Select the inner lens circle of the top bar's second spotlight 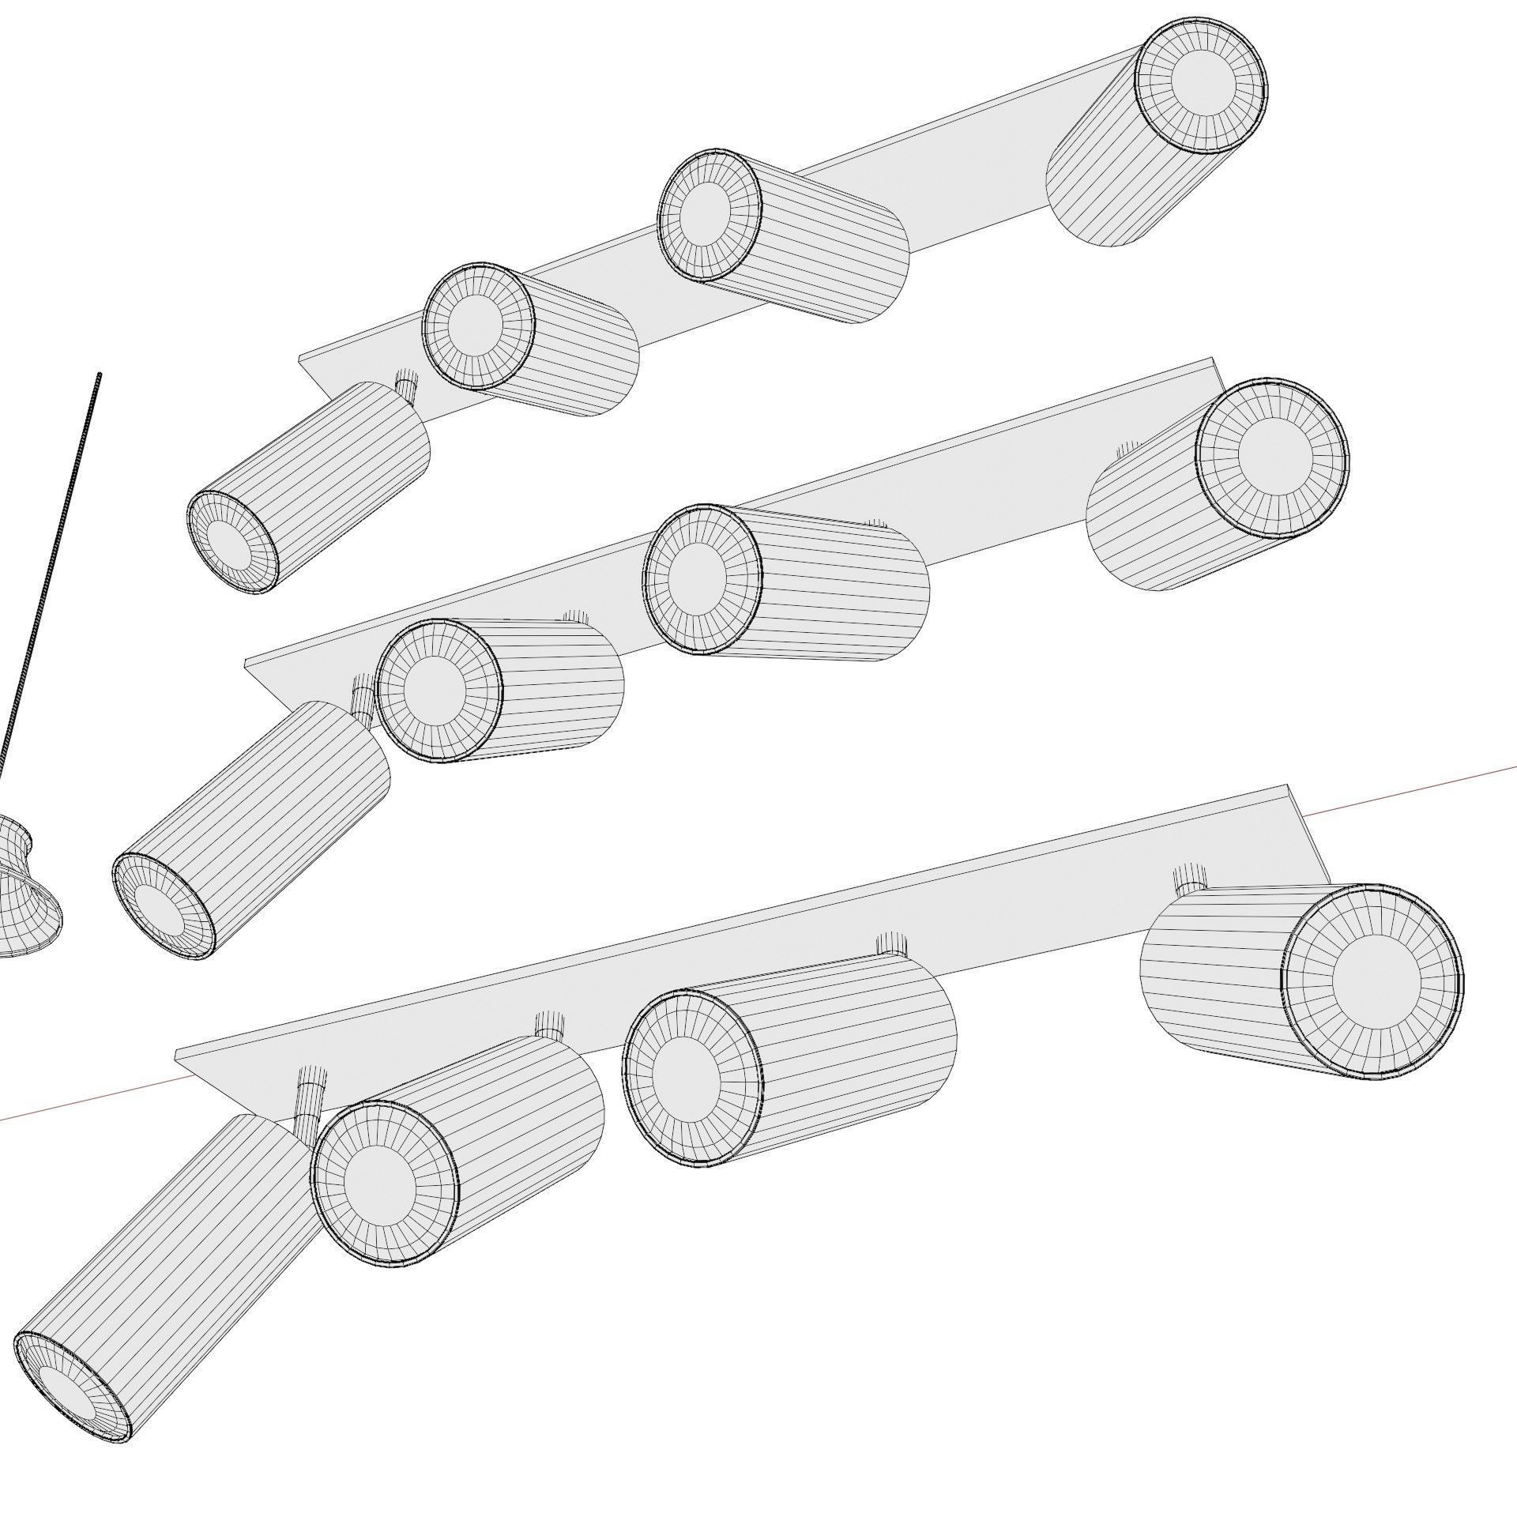pos(476,326)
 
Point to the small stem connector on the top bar pos(407,386)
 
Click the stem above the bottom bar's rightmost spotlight pos(1189,878)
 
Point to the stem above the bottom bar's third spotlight pos(891,943)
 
